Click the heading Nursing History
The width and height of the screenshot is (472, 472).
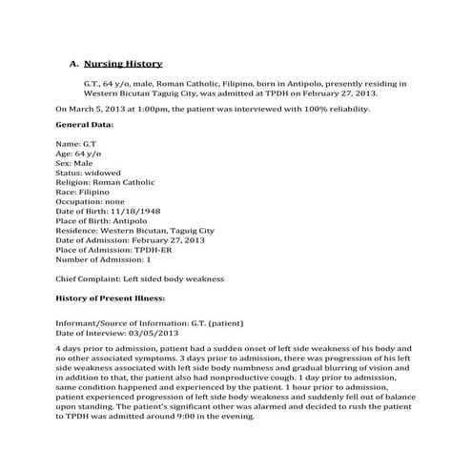coord(123,63)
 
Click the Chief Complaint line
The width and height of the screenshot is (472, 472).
coord(139,279)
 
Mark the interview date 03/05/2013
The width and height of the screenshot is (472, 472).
coord(147,333)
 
